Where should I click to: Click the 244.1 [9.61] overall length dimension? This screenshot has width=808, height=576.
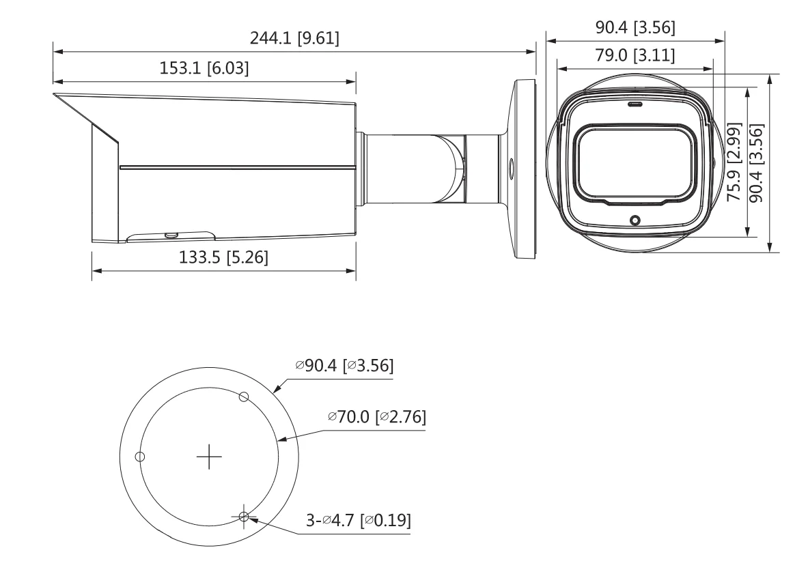coord(294,38)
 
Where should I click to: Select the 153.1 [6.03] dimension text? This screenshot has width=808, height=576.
coord(204,68)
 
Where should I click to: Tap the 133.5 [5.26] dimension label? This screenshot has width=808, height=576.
coord(223,257)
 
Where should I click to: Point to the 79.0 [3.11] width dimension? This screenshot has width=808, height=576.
coord(635,55)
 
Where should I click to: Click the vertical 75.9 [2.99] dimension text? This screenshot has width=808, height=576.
coord(734,162)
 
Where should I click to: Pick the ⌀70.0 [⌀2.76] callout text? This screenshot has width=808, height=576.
coord(377,416)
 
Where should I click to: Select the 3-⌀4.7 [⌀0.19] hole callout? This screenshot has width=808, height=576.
coord(359,521)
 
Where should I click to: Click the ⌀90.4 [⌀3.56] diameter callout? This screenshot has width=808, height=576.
coord(344,366)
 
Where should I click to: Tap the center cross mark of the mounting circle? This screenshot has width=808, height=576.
coord(209,457)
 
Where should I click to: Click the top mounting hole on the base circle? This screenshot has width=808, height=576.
coord(245,397)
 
